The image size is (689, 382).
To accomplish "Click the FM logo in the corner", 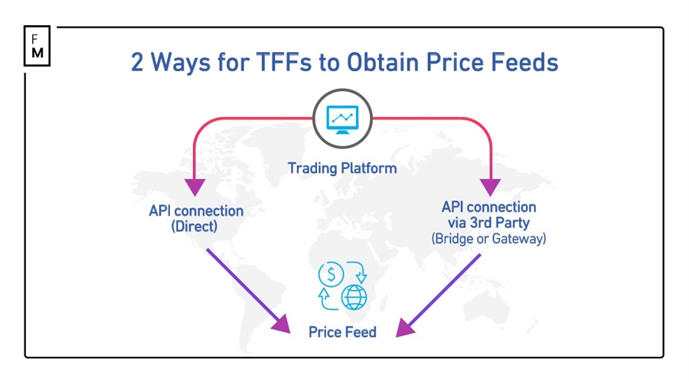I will [37, 46].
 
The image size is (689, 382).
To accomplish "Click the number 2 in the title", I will [139, 62].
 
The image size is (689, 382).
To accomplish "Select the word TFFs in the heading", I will [270, 62].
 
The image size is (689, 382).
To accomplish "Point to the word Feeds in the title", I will [527, 62].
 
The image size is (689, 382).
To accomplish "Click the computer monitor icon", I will [342, 119].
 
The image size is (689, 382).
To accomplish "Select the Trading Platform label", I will [342, 168].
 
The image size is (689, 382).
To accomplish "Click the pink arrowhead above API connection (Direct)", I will [195, 186].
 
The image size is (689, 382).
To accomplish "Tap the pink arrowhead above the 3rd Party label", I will [489, 186].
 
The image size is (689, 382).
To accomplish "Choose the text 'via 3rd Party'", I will [488, 223].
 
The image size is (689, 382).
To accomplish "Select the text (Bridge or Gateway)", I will [488, 238].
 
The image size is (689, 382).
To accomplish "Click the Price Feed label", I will [342, 332].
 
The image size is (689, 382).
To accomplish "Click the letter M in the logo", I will [38, 54].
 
